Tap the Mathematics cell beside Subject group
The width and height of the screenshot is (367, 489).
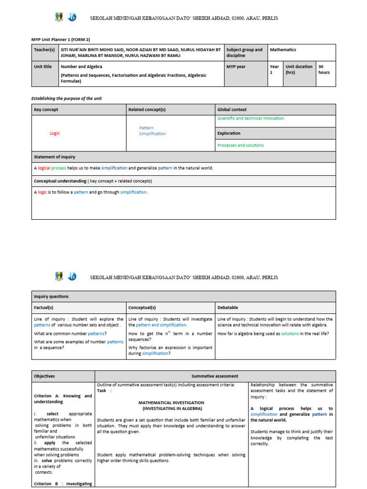click(x=283, y=50)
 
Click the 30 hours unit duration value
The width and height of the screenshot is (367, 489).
click(x=324, y=70)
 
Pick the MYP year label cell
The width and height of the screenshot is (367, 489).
click(x=236, y=67)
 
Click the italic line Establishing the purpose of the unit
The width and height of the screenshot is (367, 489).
click(x=66, y=98)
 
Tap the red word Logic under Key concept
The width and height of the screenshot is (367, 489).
click(x=54, y=133)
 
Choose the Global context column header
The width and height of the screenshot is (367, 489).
click(x=232, y=109)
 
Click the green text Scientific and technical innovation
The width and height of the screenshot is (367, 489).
click(x=250, y=118)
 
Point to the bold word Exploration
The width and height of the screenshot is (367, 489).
click(x=229, y=133)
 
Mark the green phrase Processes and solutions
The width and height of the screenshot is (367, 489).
click(x=240, y=145)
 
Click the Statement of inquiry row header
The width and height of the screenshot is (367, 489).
click(x=54, y=157)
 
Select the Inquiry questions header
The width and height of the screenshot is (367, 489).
click(x=51, y=296)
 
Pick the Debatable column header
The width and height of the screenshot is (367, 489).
click(x=227, y=308)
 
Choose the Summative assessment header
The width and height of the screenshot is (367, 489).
click(x=215, y=376)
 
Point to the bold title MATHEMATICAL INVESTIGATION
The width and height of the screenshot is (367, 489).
click(x=171, y=403)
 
